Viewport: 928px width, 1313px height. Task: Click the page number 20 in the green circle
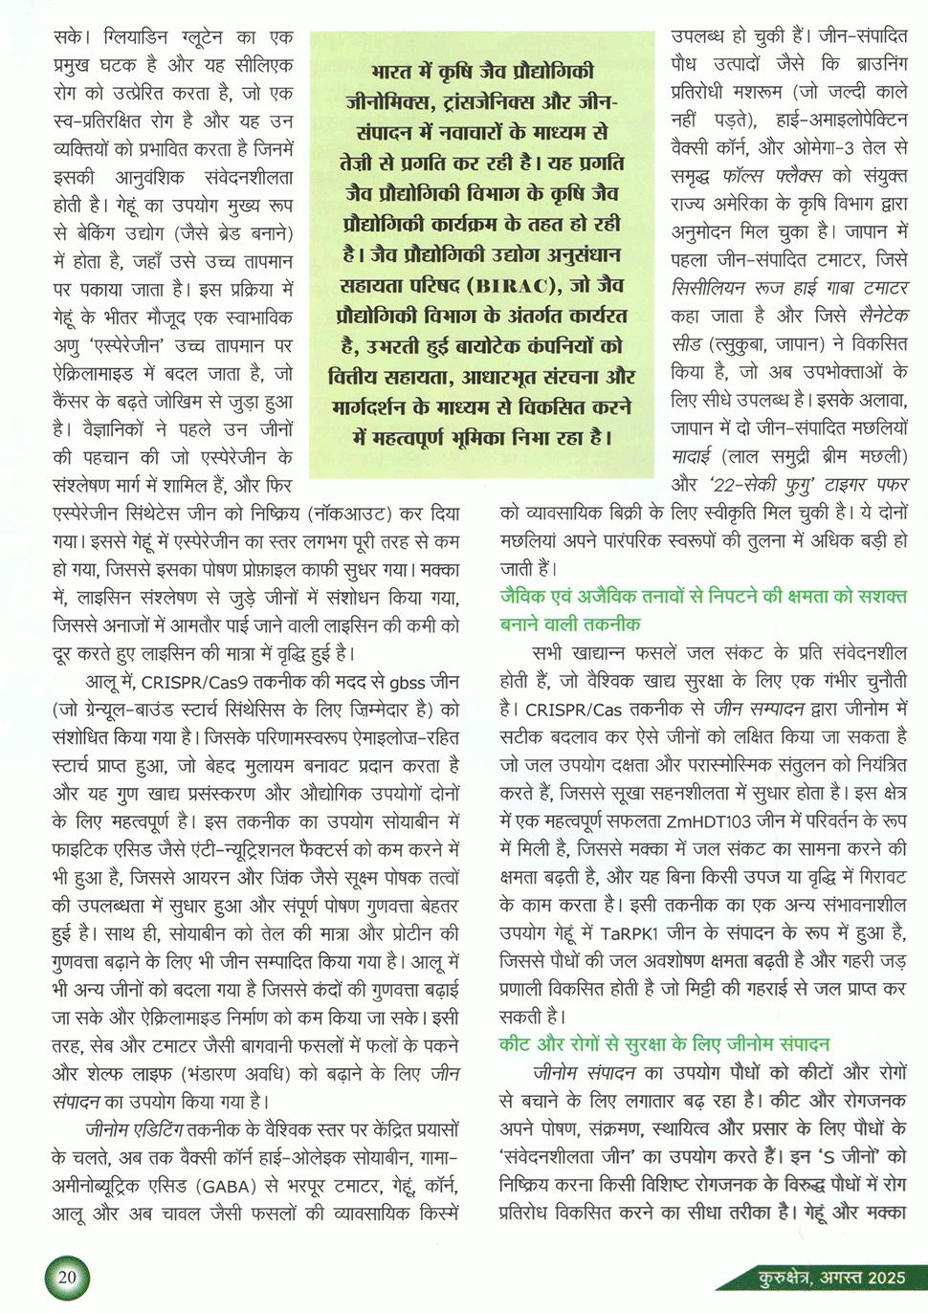coord(67,1278)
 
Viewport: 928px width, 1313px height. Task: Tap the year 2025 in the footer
coord(886,1278)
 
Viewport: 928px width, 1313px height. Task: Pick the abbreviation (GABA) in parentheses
coord(222,1187)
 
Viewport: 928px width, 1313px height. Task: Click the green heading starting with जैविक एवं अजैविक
coord(703,597)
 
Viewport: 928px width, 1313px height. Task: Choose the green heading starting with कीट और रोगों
coord(664,1044)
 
